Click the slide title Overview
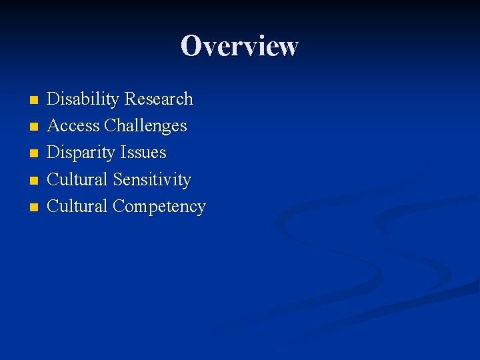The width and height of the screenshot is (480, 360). pyautogui.click(x=239, y=46)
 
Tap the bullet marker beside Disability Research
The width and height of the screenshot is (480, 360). pyautogui.click(x=34, y=101)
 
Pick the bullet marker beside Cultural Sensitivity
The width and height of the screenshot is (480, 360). pyautogui.click(x=34, y=181)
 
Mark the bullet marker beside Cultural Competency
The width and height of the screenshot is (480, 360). pyautogui.click(x=34, y=207)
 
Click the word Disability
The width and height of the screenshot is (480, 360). pyautogui.click(x=83, y=99)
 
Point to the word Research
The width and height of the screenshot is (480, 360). pyautogui.click(x=159, y=99)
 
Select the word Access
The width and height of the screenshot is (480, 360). pyautogui.click(x=73, y=126)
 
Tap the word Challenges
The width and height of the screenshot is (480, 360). pyautogui.click(x=145, y=126)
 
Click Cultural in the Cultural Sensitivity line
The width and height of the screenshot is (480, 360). pyautogui.click(x=77, y=179)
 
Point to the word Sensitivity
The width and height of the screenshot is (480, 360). pyautogui.click(x=152, y=179)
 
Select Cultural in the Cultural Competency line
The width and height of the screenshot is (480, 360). pyautogui.click(x=77, y=206)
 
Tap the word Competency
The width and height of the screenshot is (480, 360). pyautogui.click(x=159, y=207)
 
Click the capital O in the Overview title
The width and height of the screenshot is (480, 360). pyautogui.click(x=191, y=46)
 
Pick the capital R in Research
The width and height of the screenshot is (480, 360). pyautogui.click(x=131, y=99)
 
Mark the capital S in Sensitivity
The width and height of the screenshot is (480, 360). pyautogui.click(x=117, y=179)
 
